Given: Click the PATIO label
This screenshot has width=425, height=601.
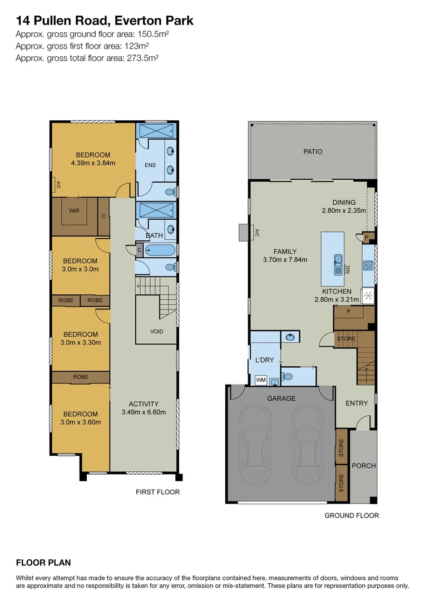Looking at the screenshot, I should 312,151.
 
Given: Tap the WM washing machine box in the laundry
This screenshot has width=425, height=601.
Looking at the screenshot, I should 260,380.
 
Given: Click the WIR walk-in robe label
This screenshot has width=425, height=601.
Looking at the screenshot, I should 74,211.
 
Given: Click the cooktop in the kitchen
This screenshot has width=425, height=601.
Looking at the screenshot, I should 368,265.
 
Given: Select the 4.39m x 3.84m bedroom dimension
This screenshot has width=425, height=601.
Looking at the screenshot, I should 93,163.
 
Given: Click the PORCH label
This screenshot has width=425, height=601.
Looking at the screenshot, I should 364,466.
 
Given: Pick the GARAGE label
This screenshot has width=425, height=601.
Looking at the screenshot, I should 280,398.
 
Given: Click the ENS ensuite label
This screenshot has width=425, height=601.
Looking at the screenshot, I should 150,165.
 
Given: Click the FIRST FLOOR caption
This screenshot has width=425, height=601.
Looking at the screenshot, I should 158,492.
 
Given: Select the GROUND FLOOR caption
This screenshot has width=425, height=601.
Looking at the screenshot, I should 352,515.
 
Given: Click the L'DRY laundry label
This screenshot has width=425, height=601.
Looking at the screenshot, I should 264,360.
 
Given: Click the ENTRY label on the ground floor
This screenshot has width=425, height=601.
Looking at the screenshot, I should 357,403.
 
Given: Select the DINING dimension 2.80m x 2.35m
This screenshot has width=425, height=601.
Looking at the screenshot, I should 344,211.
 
